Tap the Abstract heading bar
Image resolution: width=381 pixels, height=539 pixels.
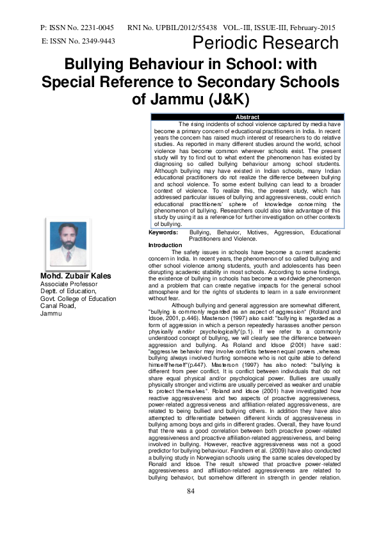[x=247, y=117]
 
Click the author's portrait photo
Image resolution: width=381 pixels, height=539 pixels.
[x=68, y=243]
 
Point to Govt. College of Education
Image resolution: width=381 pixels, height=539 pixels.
[x=78, y=298]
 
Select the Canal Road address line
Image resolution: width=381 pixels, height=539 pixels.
[x=58, y=306]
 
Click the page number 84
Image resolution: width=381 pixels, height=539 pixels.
[x=190, y=509]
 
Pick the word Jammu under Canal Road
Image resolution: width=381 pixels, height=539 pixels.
[x=51, y=314]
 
